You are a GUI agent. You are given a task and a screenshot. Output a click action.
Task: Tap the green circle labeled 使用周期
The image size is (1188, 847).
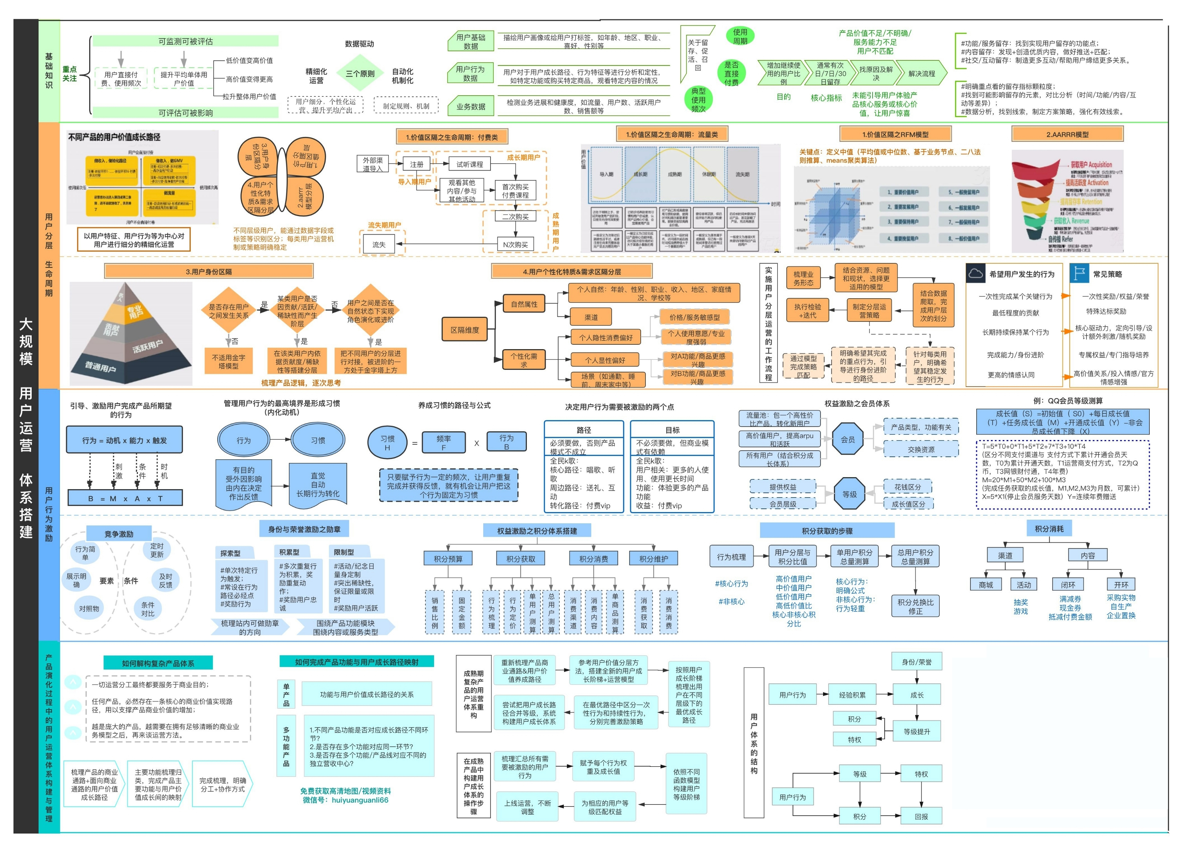[740, 36]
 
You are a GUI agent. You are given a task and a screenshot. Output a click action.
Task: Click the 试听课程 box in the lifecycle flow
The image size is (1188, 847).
[470, 164]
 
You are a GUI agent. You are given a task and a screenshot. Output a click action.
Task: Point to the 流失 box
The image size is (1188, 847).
[379, 245]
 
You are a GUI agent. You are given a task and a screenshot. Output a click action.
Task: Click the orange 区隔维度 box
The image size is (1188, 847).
[465, 330]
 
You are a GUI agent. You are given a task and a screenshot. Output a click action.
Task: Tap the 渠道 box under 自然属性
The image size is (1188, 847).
[591, 317]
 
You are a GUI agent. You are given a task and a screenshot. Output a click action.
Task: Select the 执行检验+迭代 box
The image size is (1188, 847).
[808, 311]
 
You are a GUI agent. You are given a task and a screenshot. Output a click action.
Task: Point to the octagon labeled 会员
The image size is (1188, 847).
[848, 440]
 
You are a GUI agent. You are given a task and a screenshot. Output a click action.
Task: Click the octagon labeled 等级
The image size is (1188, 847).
[849, 494]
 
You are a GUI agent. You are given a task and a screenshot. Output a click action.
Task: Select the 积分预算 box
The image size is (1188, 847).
[448, 559]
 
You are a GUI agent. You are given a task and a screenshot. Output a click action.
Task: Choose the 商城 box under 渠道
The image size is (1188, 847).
[986, 585]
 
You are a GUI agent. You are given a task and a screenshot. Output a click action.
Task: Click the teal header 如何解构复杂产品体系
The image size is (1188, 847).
[158, 663]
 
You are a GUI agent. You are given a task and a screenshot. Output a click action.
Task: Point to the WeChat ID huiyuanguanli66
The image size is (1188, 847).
[360, 800]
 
